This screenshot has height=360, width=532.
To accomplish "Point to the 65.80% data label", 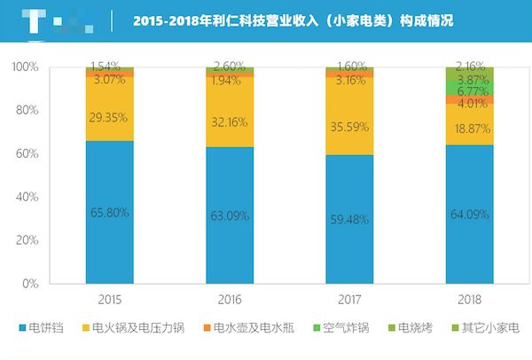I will [110, 212].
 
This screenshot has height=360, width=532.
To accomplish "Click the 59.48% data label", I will [349, 220].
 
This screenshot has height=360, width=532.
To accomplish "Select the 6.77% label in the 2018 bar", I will [469, 91].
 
